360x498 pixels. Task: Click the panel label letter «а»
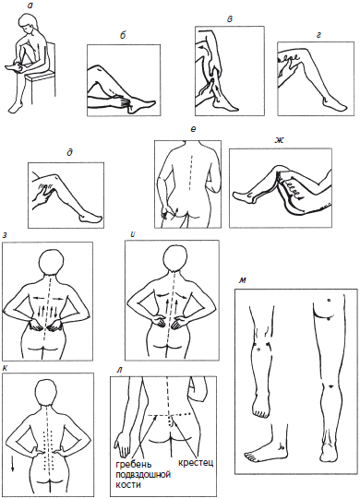(30, 6)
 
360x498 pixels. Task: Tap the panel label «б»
(123, 35)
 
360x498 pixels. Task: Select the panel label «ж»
(279, 140)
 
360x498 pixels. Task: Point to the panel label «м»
(243, 280)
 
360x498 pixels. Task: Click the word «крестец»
(196, 462)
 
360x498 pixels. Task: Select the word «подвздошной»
(143, 475)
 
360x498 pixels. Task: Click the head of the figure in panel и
(176, 259)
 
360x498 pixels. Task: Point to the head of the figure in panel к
(47, 392)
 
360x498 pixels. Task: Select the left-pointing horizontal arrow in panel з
(39, 298)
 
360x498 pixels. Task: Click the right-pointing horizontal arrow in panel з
(57, 298)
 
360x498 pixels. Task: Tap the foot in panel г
(330, 104)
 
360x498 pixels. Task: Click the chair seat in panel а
(41, 76)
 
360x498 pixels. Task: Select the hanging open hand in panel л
(122, 443)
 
